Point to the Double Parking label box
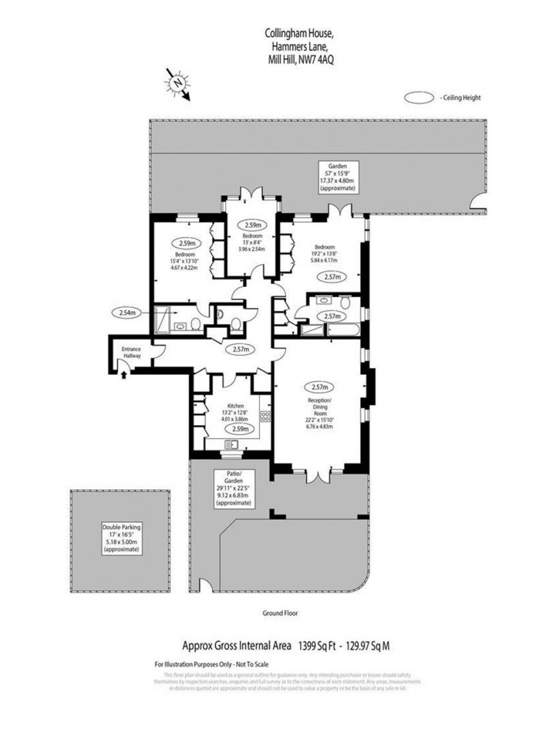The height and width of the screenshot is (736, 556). pos(121,538)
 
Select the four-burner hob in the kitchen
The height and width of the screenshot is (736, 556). pos(264,416)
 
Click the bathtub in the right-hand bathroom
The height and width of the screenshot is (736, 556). pos(343,330)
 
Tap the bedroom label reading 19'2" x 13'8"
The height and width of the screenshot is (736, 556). pos(325,255)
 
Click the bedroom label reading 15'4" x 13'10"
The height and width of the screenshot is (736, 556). pos(186,261)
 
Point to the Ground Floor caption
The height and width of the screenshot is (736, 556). pos(279,613)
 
